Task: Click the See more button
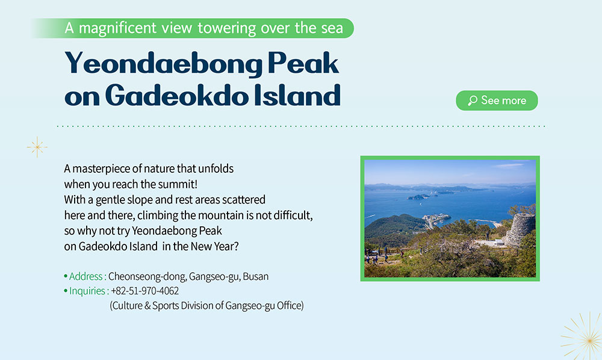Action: [x=497, y=101]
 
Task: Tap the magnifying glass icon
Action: [x=473, y=101]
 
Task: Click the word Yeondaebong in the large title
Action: [x=164, y=64]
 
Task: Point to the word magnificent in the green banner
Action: [x=117, y=28]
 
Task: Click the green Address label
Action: [x=85, y=276]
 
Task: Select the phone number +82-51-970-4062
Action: [x=144, y=291]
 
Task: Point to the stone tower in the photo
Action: [x=520, y=229]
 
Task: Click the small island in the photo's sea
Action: [x=418, y=197]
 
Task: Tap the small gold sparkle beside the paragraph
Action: [x=37, y=147]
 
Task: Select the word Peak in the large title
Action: [x=303, y=63]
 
